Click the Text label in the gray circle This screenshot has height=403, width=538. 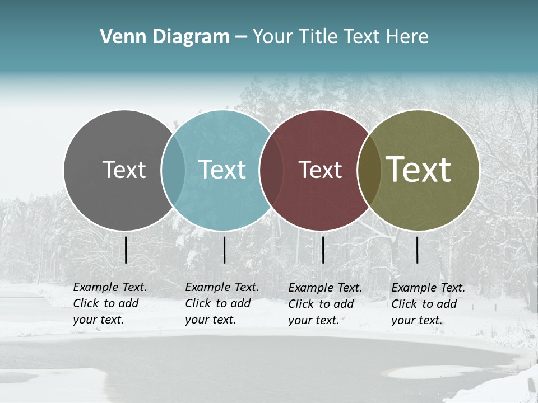point(124,170)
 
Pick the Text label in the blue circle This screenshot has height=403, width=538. point(222,170)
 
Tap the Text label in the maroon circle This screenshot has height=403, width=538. point(321,170)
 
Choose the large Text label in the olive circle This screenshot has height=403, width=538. point(419,170)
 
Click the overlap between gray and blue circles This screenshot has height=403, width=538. point(173,170)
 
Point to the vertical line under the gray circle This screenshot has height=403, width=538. point(126,250)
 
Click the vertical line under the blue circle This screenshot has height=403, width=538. point(224,250)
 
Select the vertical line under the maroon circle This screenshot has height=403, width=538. point(323,250)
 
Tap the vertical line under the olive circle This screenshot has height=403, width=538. point(418,250)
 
